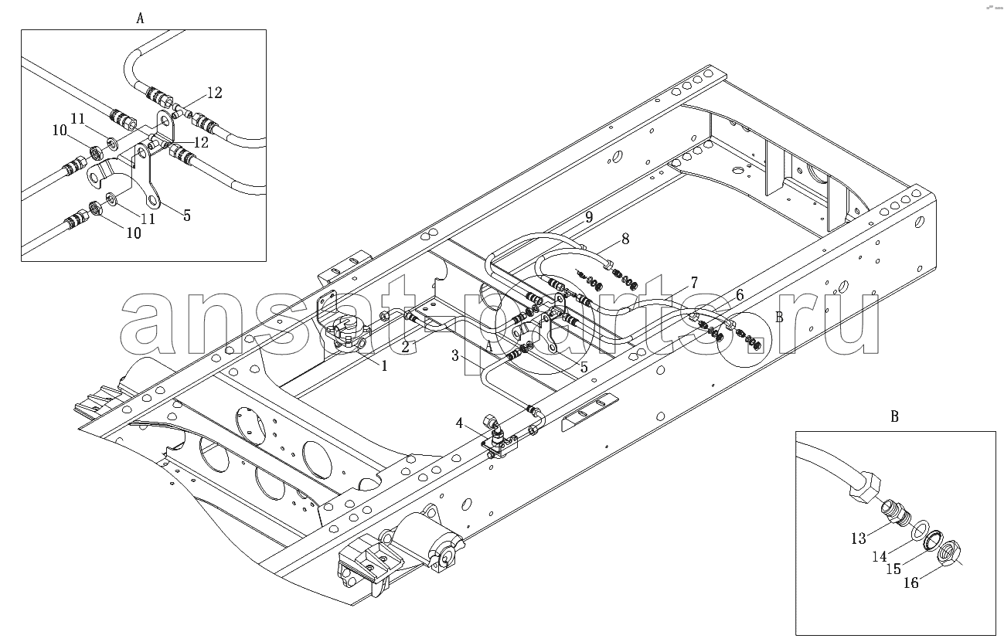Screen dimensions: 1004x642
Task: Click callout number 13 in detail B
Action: tap(859, 538)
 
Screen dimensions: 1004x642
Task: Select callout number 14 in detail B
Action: tap(880, 557)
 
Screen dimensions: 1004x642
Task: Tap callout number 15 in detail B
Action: tap(893, 569)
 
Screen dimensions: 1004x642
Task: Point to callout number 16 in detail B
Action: tap(911, 583)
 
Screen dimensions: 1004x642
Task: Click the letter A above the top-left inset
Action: tap(141, 19)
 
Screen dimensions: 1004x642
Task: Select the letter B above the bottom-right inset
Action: tap(895, 416)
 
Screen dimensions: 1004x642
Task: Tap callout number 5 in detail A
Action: tap(187, 216)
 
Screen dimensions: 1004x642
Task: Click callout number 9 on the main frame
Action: tap(589, 217)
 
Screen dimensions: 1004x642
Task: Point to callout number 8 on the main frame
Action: tap(625, 239)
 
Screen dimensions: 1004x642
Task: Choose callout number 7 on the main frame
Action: tap(694, 283)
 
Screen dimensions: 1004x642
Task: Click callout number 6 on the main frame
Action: tap(740, 295)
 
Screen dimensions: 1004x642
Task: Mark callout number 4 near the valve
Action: tap(459, 423)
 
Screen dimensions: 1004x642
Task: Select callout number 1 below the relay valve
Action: tap(384, 366)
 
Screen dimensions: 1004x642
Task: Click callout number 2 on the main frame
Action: tap(405, 347)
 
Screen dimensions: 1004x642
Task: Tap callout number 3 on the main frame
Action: tap(455, 356)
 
